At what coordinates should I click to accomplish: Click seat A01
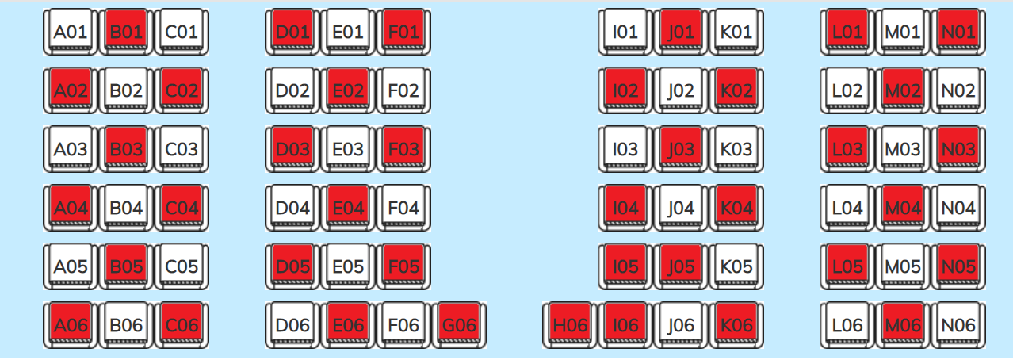coord(71,32)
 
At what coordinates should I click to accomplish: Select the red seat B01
coord(126,32)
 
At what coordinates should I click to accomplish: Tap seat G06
coord(459,325)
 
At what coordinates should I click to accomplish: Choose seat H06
coord(570,325)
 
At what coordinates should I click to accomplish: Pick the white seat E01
coord(348,32)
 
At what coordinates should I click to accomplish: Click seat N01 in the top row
coord(958,32)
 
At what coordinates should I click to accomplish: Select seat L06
coord(847,325)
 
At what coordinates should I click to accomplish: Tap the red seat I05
coord(625,266)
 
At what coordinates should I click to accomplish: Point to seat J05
coord(681,266)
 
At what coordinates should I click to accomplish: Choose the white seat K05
coord(736,266)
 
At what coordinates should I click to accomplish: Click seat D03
coord(292,149)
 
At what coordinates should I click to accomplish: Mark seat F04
coord(403,208)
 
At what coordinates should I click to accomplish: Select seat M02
coord(903,90)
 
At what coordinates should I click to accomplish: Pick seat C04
coord(182,208)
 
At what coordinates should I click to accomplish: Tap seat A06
coord(71,325)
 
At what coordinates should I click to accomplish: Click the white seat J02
coord(681,90)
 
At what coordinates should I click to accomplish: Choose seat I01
coord(625,32)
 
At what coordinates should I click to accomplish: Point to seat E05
coord(348,266)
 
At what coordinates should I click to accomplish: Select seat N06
coord(958,325)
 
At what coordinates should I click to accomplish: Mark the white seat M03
coord(903,149)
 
